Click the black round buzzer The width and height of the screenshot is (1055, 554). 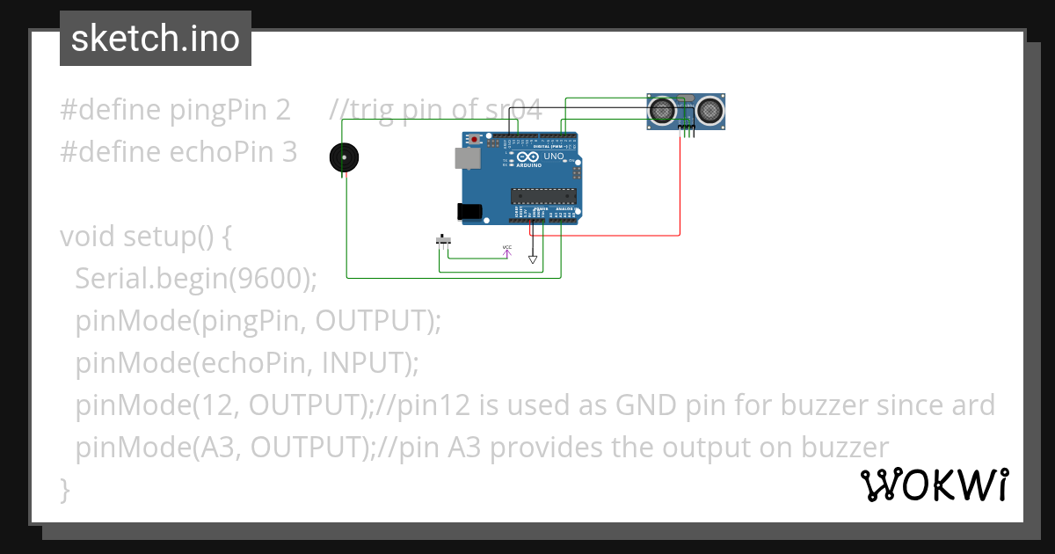click(x=344, y=157)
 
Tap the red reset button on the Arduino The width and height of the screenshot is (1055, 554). click(x=476, y=140)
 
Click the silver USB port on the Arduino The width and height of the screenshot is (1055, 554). click(x=467, y=157)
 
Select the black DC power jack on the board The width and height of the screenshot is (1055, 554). click(x=469, y=211)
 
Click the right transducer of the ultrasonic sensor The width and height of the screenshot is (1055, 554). click(x=709, y=110)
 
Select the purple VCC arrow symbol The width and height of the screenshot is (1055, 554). click(x=507, y=251)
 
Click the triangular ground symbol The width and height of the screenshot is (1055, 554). click(x=533, y=259)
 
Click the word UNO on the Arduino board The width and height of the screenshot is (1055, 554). click(x=554, y=157)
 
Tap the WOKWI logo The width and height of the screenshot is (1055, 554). click(x=934, y=485)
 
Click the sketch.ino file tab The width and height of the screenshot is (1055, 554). click(x=156, y=39)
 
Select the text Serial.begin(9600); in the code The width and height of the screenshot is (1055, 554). click(x=195, y=279)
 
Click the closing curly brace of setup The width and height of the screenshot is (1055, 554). click(x=64, y=489)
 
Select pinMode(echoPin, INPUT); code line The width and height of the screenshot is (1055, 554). click(x=247, y=363)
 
